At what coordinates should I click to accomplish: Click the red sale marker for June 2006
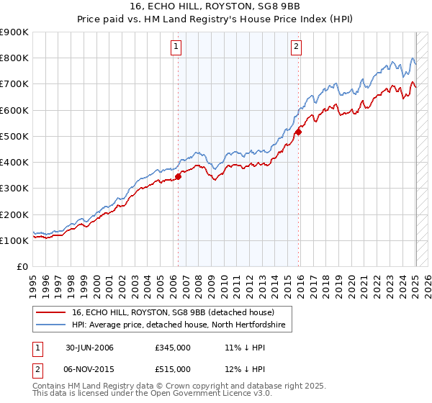coord(178,177)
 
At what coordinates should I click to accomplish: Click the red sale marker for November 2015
coord(298,132)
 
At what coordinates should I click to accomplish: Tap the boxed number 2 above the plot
coord(296,47)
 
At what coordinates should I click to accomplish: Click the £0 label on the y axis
coord(22,267)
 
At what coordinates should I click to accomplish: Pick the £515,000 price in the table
coord(173,369)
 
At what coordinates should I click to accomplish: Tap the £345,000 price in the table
coord(173,348)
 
